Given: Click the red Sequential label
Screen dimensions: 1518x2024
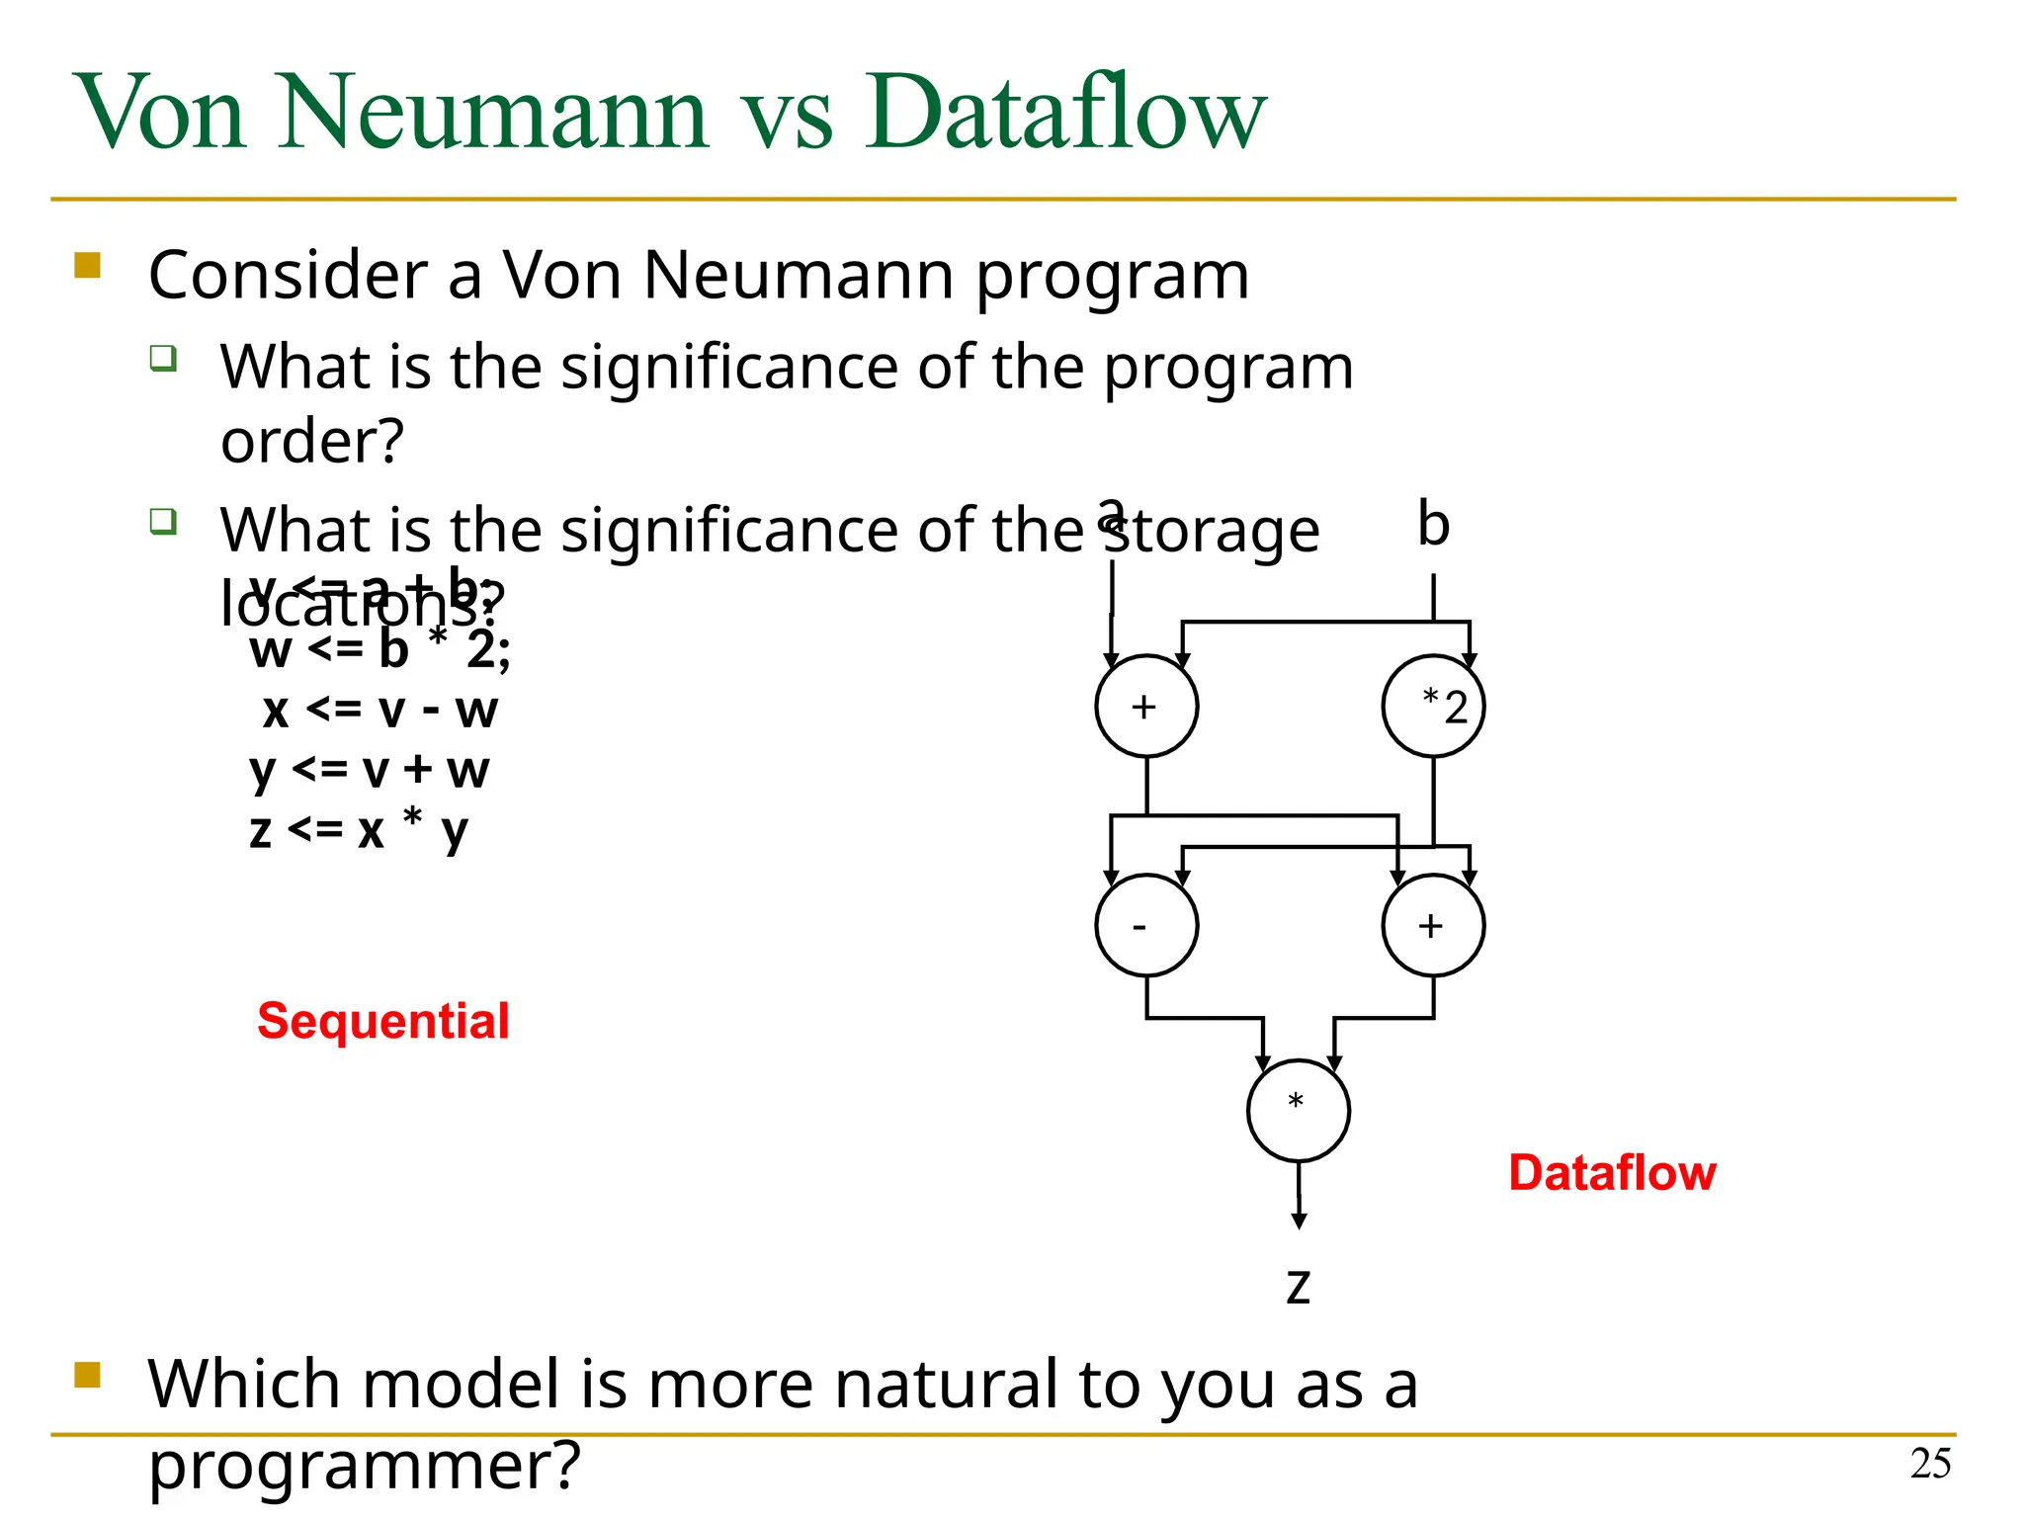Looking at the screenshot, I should pos(382,1020).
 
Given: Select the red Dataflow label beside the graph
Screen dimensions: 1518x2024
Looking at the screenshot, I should pos(1612,1172).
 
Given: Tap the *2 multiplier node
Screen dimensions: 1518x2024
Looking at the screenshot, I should pos(1433,706).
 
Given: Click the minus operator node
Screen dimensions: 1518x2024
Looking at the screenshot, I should pos(1146,925).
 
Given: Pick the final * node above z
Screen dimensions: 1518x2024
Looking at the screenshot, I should pos(1298,1110).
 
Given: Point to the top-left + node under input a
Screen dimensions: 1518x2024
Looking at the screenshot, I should pos(1146,706).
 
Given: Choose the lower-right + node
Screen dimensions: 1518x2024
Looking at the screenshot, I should pos(1433,925).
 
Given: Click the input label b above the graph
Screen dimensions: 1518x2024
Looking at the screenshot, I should pos(1433,523).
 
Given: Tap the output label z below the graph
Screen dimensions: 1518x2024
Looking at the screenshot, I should pos(1298,1286).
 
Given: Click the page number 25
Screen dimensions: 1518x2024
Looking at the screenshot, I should pos(1930,1464).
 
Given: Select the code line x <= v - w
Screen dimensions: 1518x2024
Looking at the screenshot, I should pos(379,710).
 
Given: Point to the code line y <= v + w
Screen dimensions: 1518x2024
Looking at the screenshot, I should pos(369,769).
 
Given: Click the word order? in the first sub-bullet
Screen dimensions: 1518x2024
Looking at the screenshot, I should pos(312,441).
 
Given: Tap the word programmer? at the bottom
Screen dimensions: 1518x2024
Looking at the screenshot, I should pos(364,1465).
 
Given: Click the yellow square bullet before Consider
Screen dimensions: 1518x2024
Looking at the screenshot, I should pos(88,266).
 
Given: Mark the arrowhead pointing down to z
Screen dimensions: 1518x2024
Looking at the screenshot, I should pos(1299,1221).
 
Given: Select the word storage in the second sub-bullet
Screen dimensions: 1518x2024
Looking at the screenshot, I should pos(1213,531).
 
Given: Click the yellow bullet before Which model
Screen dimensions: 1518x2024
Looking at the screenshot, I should pos(88,1375).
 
